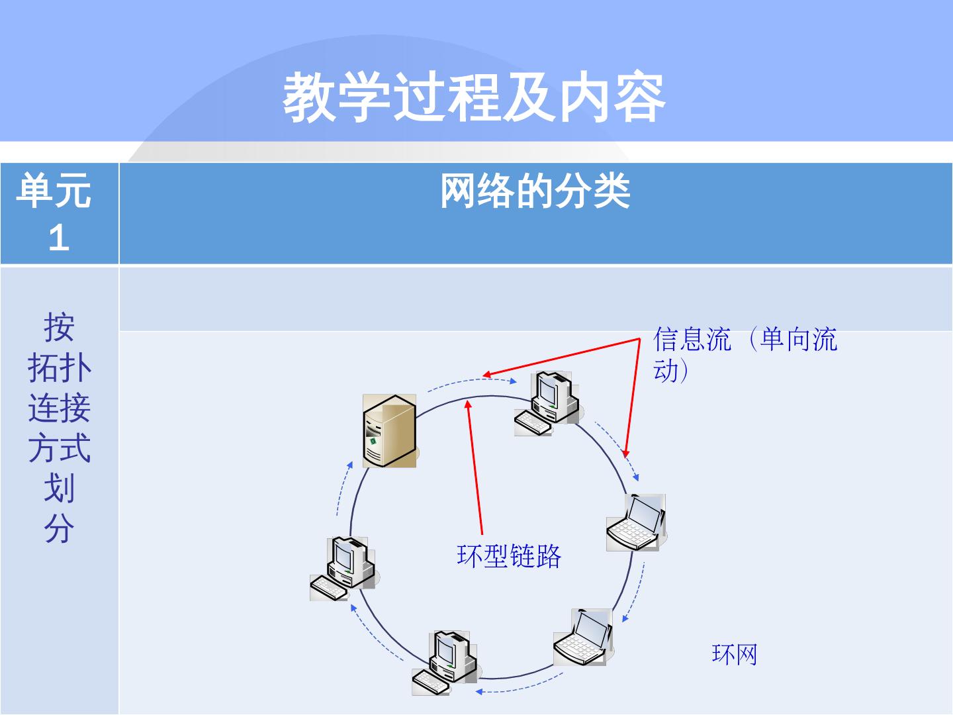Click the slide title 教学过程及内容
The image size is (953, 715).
[474, 98]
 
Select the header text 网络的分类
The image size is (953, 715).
[535, 193]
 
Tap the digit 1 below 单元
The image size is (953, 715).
[58, 237]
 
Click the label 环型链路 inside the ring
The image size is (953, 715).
[509, 556]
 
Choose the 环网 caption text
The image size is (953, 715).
[734, 655]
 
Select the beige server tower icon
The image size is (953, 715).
[390, 431]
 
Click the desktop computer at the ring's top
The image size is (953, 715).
[548, 403]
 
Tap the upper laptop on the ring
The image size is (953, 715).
[635, 522]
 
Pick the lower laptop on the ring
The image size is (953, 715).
[583, 637]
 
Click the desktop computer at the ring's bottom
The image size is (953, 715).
[445, 662]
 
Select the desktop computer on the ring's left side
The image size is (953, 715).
[343, 569]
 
